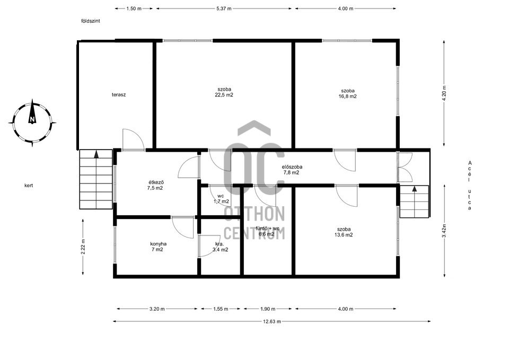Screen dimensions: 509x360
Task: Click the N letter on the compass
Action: [32, 119]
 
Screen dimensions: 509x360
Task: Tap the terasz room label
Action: [119, 95]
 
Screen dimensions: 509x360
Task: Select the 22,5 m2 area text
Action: [224, 95]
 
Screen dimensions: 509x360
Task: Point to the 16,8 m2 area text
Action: [348, 96]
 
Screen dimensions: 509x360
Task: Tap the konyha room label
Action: [159, 244]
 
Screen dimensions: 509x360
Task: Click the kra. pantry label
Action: [220, 244]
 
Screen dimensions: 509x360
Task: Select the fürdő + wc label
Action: [267, 228]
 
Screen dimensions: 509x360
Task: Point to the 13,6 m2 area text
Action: [344, 235]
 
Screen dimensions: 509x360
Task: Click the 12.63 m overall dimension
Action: [272, 321]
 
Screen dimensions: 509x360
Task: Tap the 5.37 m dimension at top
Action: [224, 9]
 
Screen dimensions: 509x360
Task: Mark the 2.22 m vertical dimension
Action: [83, 247]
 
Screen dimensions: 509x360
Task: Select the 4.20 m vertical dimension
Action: [444, 93]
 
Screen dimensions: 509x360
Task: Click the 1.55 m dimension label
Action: [221, 309]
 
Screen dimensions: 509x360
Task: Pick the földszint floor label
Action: [91, 21]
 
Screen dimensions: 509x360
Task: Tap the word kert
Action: [29, 186]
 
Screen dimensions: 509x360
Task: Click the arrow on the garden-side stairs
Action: [96, 154]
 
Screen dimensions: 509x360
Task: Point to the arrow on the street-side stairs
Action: [415, 189]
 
